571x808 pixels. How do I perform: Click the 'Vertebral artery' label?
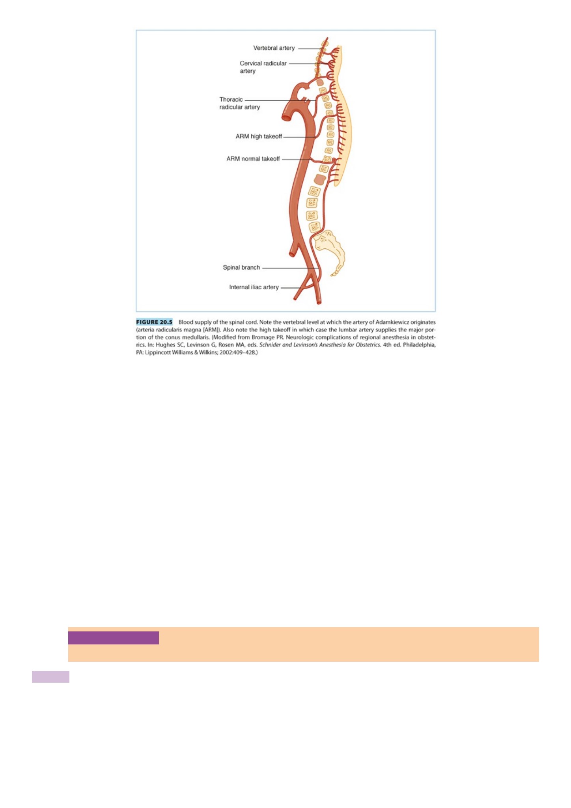point(274,48)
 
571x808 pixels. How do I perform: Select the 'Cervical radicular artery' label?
point(263,67)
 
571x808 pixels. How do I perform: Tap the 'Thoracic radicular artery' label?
point(240,103)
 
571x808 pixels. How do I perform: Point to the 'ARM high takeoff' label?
point(259,136)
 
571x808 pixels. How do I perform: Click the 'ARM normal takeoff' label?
point(253,159)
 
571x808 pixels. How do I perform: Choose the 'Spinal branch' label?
point(241,268)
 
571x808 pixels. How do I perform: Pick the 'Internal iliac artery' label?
point(254,287)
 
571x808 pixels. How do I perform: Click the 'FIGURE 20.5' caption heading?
point(154,322)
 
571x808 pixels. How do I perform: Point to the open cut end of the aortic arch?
point(286,117)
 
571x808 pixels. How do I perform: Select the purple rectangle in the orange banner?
point(114,638)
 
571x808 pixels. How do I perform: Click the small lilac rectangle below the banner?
point(50,677)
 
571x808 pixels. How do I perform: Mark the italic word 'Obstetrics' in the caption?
point(368,345)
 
